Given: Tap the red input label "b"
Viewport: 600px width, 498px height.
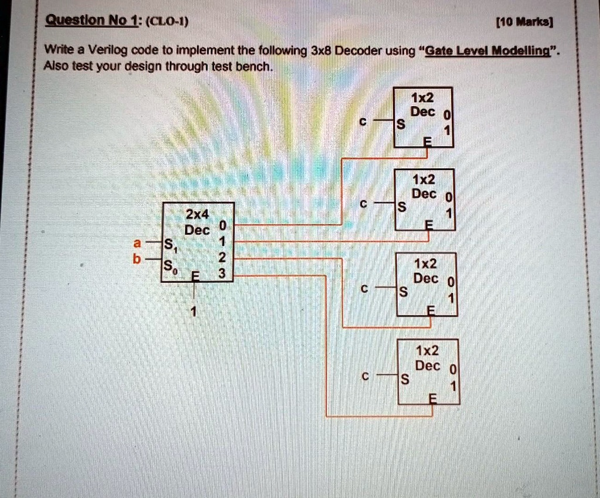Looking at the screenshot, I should coord(137,259).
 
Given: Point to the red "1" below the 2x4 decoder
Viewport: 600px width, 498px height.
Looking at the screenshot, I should coord(194,311).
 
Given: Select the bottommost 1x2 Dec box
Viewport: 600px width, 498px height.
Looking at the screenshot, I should coord(428,371).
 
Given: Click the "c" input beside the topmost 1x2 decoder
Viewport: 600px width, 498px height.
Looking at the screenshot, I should coord(363,122).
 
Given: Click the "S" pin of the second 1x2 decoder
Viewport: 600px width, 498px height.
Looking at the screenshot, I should coord(401,207).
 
